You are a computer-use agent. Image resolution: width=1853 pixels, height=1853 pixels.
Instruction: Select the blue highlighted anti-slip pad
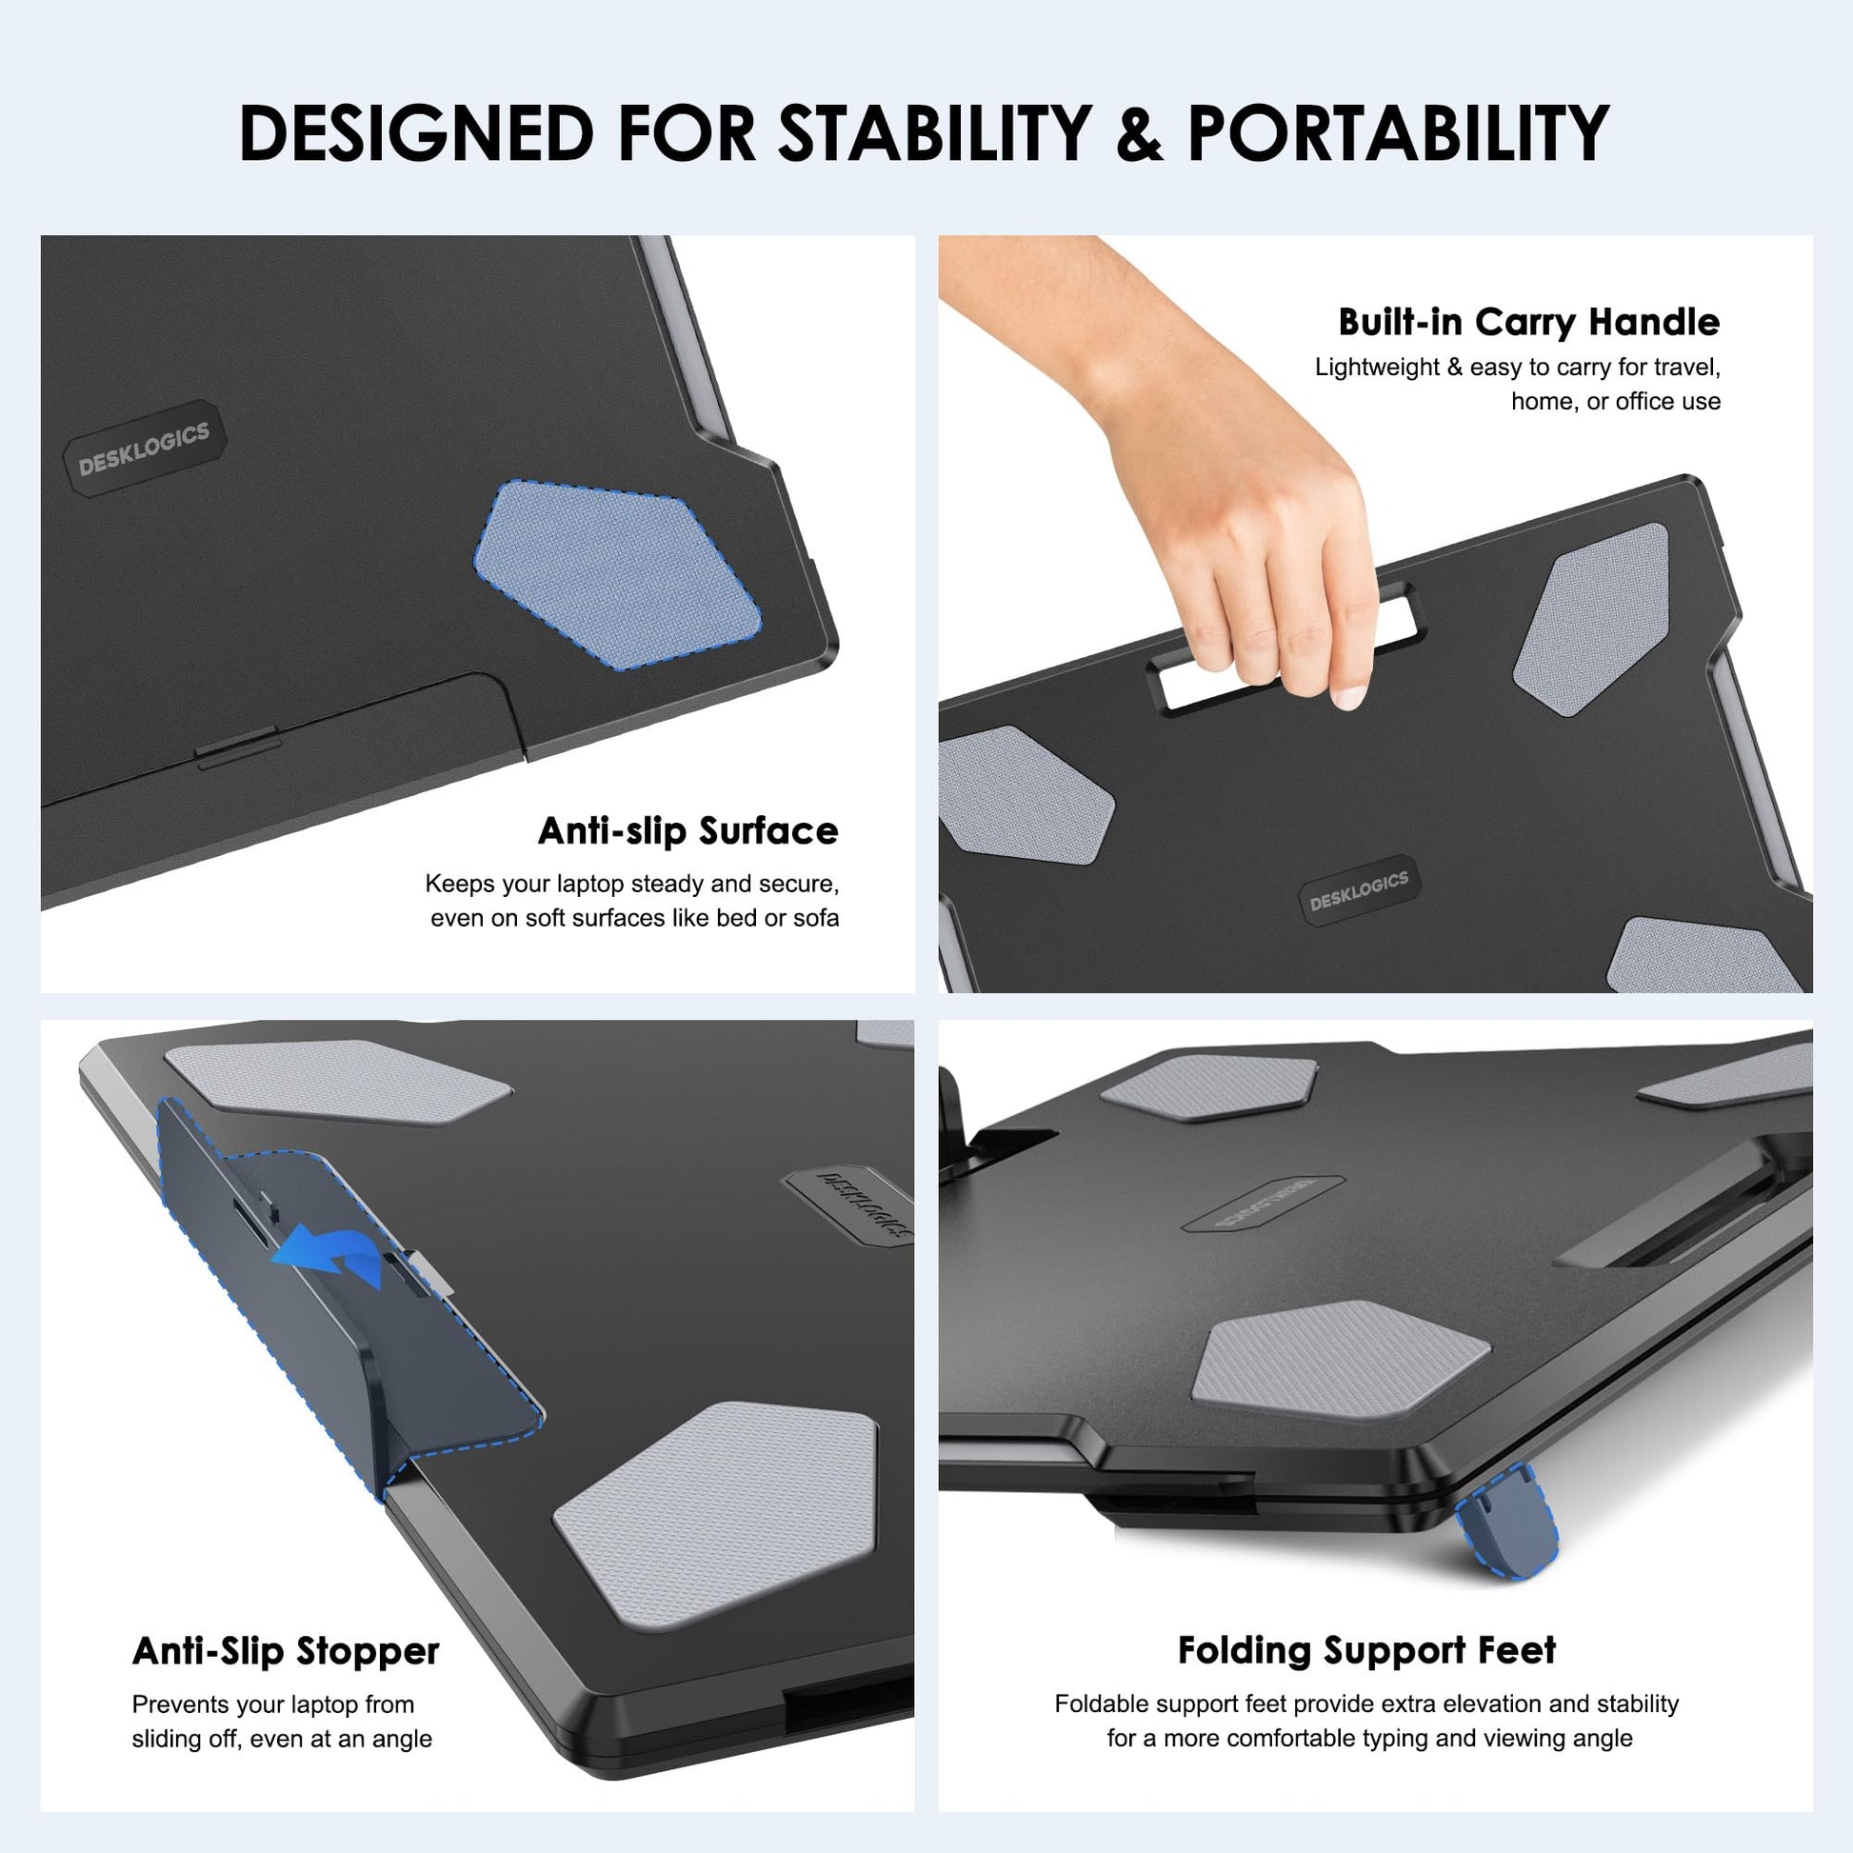coord(617,573)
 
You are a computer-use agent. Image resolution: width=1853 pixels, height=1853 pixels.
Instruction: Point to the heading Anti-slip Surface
coord(687,830)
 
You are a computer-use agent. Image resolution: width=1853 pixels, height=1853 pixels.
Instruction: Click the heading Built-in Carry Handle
coord(1529,322)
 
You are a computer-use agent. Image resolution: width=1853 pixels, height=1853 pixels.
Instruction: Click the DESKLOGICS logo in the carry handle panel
coord(1358,892)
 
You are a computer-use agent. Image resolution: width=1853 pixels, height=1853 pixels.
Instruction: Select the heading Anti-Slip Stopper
coord(286,1651)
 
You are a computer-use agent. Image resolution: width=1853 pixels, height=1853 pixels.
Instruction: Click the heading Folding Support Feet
coord(1366,1650)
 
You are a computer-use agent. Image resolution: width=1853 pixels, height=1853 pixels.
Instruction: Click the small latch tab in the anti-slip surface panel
coord(238,747)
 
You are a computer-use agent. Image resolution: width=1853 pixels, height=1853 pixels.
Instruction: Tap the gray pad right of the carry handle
coord(1590,619)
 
